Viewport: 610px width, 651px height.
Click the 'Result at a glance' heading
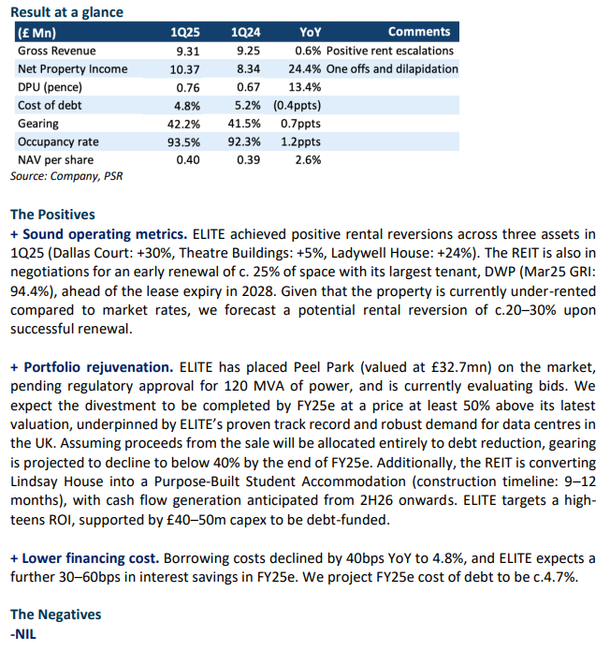click(66, 12)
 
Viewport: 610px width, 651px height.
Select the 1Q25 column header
click(185, 32)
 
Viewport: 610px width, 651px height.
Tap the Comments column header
click(419, 32)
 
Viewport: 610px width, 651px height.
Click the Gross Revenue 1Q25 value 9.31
click(188, 51)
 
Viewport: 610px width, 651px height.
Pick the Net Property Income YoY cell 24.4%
click(305, 68)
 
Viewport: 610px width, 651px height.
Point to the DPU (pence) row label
click(50, 87)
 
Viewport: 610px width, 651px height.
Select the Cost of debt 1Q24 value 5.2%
click(248, 105)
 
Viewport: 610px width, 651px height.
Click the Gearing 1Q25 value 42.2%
click(183, 124)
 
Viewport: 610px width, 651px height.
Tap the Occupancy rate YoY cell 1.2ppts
click(300, 142)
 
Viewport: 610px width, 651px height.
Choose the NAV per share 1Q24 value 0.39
click(248, 160)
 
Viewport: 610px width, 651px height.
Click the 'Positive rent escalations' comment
click(390, 51)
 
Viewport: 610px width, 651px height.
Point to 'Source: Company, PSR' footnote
click(66, 176)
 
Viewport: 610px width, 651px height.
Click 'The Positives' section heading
click(52, 215)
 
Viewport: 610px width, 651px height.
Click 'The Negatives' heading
click(55, 614)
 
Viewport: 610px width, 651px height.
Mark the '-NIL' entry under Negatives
click(23, 634)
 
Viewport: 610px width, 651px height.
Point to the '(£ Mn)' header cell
click(36, 33)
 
